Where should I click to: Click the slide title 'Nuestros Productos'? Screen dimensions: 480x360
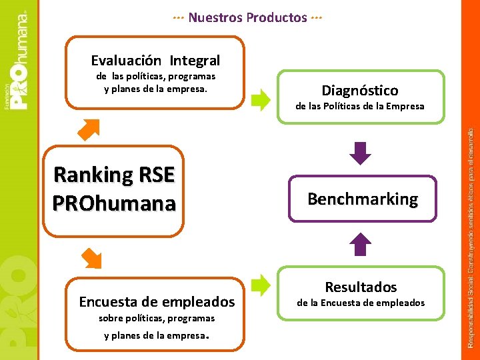[247, 17]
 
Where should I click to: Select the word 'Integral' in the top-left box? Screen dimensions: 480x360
[194, 61]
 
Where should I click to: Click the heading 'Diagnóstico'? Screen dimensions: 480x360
[360, 90]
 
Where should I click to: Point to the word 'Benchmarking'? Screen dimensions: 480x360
[363, 199]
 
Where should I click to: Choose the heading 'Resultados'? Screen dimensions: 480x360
[361, 287]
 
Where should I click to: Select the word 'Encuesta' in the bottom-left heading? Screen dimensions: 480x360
[107, 302]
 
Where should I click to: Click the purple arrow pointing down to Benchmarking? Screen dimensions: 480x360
[361, 153]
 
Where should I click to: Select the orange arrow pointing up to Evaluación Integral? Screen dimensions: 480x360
[89, 129]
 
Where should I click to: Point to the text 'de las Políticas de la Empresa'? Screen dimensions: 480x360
[360, 106]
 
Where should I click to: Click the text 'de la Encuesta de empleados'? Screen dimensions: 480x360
[360, 303]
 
